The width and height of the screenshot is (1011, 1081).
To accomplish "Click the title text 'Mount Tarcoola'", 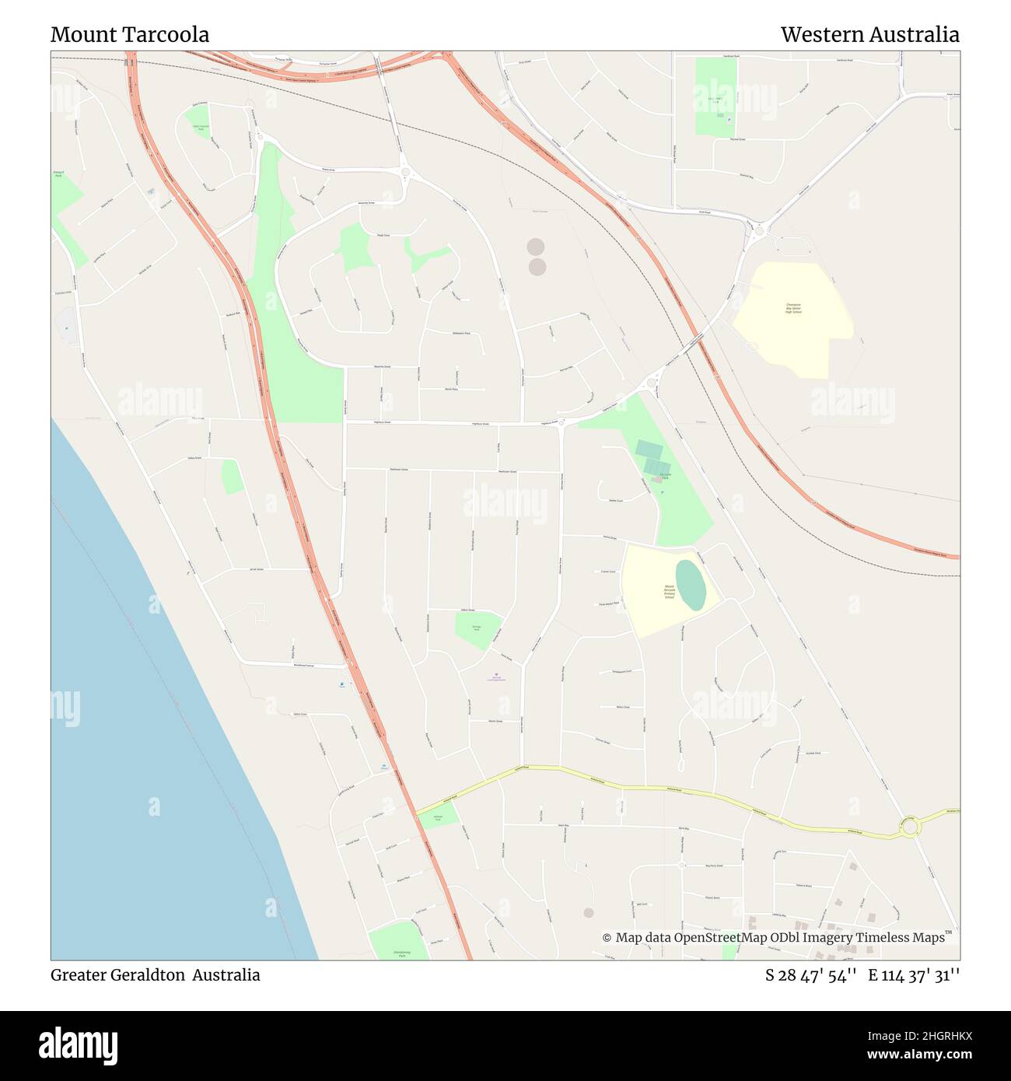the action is click(130, 35).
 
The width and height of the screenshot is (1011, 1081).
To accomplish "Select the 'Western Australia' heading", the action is click(869, 35).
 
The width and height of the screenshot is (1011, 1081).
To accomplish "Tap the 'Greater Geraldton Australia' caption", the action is click(156, 975).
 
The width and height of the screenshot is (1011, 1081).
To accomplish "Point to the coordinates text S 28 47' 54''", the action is click(811, 975).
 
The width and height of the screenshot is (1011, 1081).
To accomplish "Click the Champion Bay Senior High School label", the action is click(792, 308).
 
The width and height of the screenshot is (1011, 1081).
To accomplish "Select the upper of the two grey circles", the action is click(535, 247).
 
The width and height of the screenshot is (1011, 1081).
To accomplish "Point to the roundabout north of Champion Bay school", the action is click(759, 229).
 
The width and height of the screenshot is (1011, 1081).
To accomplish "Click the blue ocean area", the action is click(156, 778).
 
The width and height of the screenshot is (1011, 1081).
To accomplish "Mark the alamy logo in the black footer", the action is click(79, 1044).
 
